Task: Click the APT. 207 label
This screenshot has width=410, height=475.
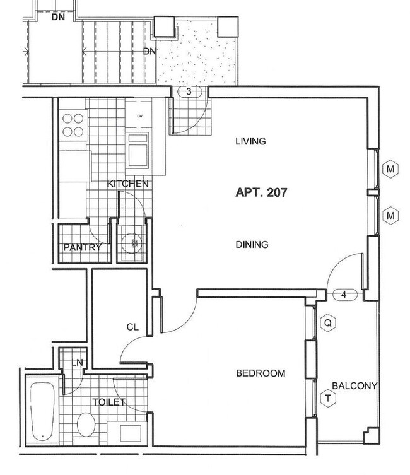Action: tap(261, 193)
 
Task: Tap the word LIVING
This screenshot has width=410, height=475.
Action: tap(250, 141)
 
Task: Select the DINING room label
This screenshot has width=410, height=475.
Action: tap(252, 245)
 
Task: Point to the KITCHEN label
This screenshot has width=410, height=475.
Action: tap(128, 184)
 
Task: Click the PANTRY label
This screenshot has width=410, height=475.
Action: tap(82, 248)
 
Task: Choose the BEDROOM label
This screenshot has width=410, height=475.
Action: tap(261, 373)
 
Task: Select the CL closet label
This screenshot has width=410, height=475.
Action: tap(132, 327)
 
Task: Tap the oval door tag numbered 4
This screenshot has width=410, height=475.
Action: tap(344, 295)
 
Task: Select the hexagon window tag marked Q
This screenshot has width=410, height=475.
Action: tap(327, 323)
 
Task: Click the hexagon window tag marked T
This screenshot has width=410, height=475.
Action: tap(327, 398)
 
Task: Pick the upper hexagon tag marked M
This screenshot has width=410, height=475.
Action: tap(391, 169)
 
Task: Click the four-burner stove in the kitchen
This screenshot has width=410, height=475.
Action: tap(73, 125)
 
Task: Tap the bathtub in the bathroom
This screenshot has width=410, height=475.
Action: tap(42, 410)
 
